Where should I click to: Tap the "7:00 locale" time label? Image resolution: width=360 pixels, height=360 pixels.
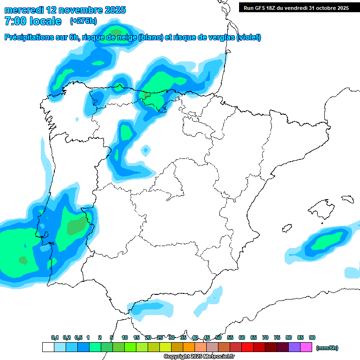33,21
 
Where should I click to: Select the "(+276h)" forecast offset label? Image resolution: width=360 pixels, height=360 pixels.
83,21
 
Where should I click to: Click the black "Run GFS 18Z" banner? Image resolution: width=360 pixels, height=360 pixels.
296,7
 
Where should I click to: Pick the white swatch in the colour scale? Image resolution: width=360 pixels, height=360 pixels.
48,347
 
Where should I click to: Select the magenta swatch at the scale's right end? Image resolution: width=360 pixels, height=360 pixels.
306,347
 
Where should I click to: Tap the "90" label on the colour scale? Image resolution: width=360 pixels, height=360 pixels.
312,337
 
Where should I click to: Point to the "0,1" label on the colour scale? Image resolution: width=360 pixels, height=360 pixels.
55,337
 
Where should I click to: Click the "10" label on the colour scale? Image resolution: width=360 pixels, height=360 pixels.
125,337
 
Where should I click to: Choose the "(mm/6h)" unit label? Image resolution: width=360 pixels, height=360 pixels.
327,348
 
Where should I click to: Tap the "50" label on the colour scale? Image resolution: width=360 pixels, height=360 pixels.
218,337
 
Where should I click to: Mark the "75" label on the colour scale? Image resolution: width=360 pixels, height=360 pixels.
277,337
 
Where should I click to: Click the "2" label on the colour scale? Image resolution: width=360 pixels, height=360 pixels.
100,337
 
